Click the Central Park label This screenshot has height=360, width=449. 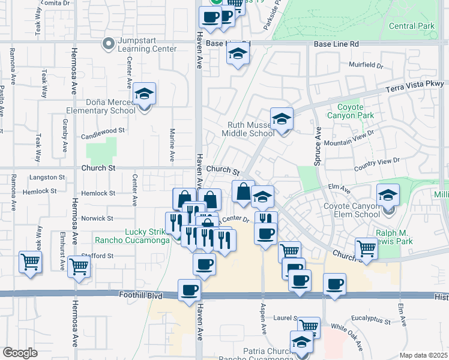coord(411,26)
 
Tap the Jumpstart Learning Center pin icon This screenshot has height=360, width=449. coord(109,43)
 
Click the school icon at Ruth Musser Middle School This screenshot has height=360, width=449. coord(280,119)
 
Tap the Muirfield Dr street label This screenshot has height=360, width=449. coord(366,64)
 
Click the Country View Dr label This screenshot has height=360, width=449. coord(377,161)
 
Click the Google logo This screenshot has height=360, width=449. coord(20,353)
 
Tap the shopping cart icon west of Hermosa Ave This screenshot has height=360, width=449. coord(30,261)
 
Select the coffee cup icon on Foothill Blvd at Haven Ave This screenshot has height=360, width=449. coord(190,290)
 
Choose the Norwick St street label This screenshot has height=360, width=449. coord(98,218)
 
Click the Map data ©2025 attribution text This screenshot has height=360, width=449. coord(423,355)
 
